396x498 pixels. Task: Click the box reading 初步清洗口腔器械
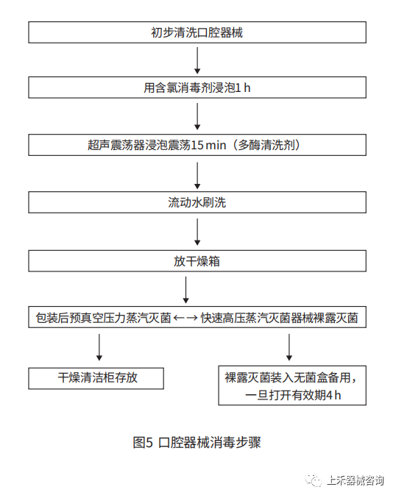click(197, 33)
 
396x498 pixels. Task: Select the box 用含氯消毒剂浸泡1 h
click(197, 88)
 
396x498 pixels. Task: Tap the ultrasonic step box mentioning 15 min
click(197, 145)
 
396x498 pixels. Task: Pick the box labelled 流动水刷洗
click(197, 202)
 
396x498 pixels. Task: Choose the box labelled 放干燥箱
click(197, 260)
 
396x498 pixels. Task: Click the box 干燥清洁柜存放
click(96, 379)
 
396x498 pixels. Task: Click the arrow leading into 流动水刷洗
click(197, 174)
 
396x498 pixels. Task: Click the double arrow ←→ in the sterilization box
click(185, 319)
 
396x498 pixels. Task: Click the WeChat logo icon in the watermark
click(315, 480)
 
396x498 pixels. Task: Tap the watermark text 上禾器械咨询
click(355, 480)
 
